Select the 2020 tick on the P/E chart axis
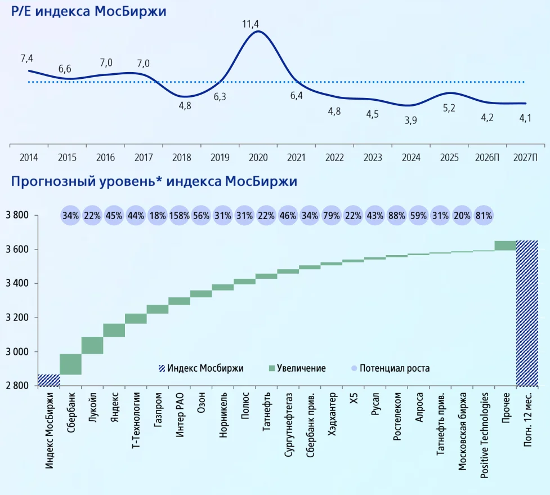click(x=258, y=158)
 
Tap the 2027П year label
click(x=525, y=158)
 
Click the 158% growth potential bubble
click(x=180, y=216)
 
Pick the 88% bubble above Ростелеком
click(x=397, y=216)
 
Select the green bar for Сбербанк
click(x=71, y=364)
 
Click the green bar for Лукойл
click(x=92, y=345)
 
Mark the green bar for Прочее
click(x=506, y=246)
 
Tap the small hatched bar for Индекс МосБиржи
click(x=49, y=381)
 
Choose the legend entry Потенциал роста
click(x=394, y=368)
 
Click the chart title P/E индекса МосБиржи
click(x=85, y=11)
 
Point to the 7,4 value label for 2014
click(x=27, y=58)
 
